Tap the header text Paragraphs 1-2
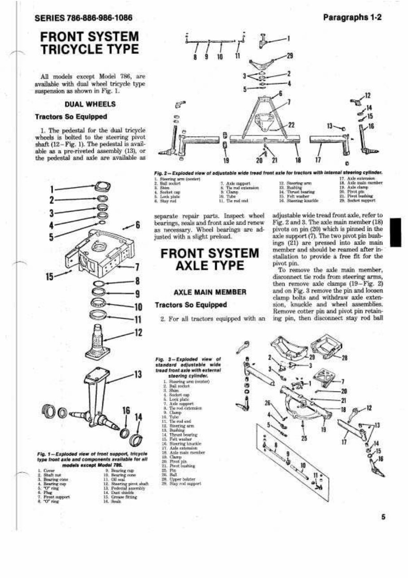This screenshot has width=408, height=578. pos(352,18)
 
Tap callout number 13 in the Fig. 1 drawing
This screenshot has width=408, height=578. pos(137,374)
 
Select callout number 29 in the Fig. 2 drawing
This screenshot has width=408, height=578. pos(290,56)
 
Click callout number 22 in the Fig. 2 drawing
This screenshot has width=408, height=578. pos(291,124)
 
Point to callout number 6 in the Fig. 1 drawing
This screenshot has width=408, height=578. pos(138,224)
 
